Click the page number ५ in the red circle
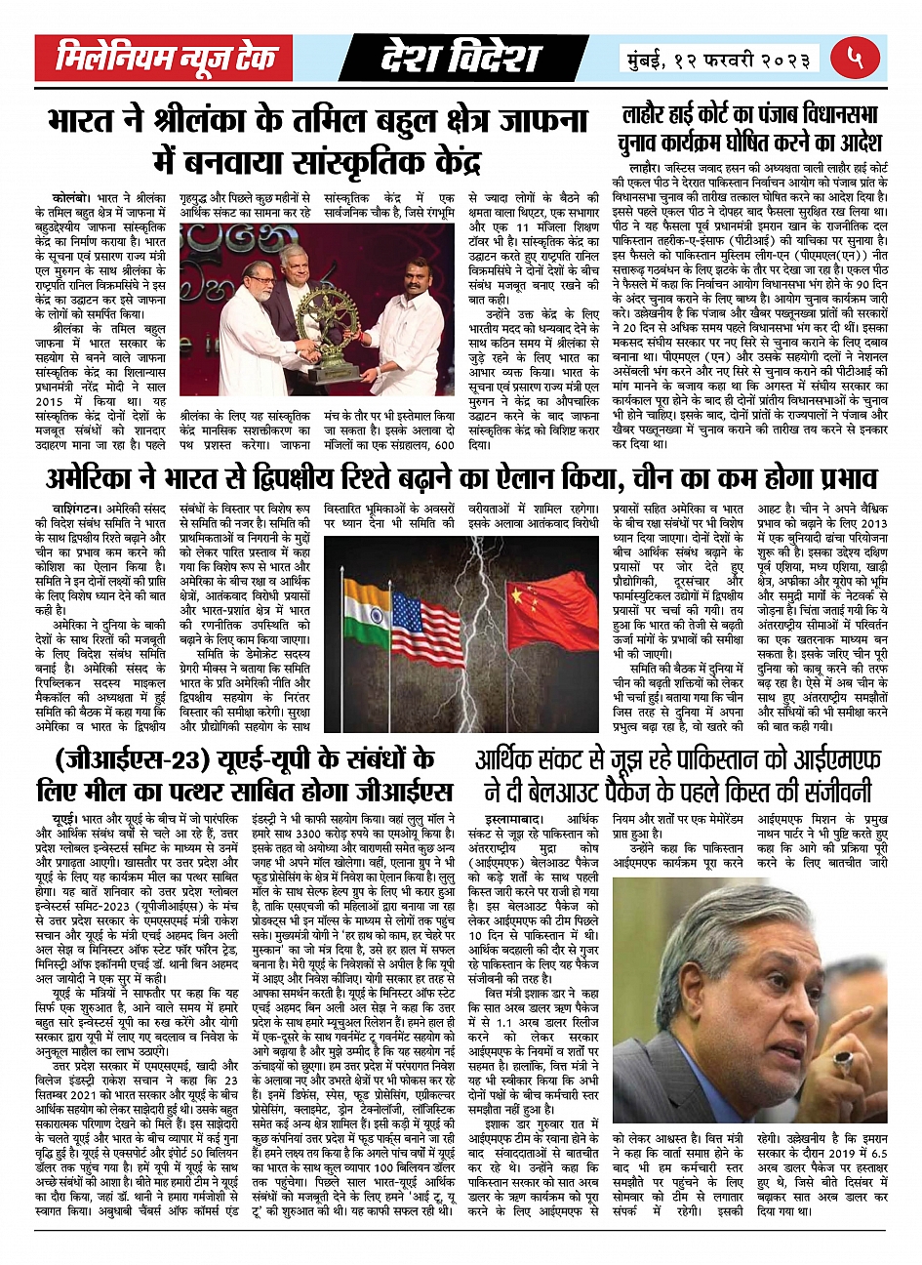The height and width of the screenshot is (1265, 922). pos(856,59)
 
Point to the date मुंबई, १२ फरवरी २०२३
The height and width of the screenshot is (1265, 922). pos(720,60)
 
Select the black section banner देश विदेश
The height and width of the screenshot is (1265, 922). pos(461,59)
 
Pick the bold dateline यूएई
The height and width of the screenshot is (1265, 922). pos(66,813)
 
